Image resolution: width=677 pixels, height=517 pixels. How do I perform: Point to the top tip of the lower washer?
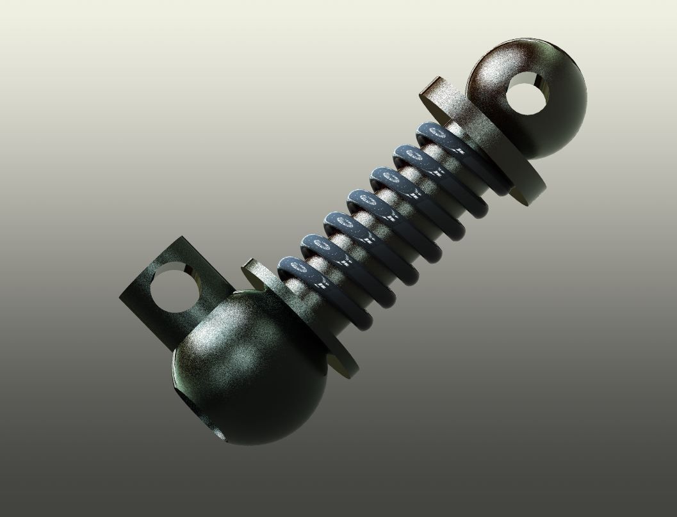251,264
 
